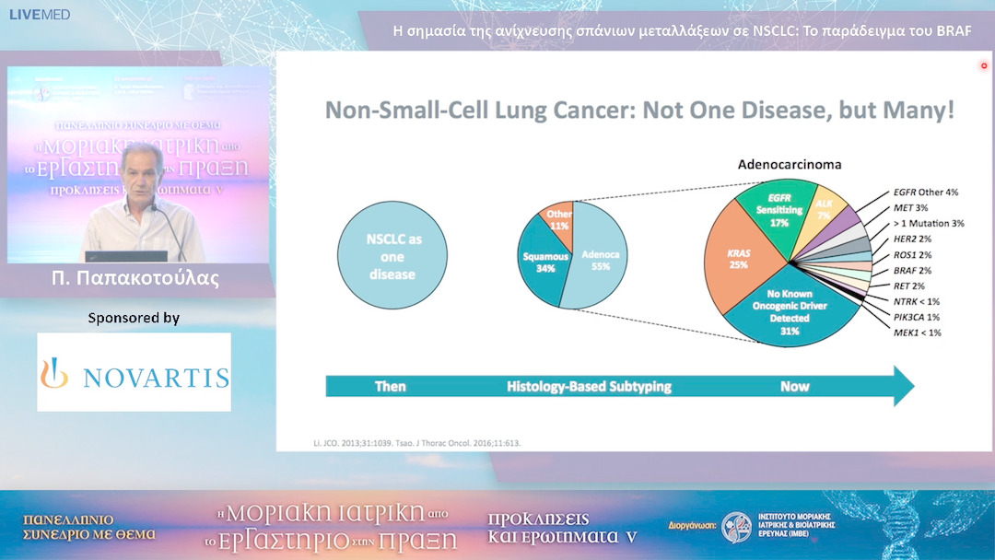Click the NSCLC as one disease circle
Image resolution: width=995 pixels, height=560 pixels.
pyautogui.click(x=392, y=255)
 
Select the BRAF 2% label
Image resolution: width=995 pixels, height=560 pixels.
pyautogui.click(x=913, y=270)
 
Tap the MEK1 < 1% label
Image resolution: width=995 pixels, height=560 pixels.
pyautogui.click(x=917, y=332)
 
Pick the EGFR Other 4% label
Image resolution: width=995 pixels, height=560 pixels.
pyautogui.click(x=926, y=192)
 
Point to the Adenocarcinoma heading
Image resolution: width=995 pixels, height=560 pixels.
pyautogui.click(x=790, y=164)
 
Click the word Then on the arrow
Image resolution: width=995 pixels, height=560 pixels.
pyautogui.click(x=391, y=386)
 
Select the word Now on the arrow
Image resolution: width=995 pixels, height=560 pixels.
pyautogui.click(x=794, y=386)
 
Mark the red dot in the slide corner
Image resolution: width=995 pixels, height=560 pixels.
pyautogui.click(x=984, y=65)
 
